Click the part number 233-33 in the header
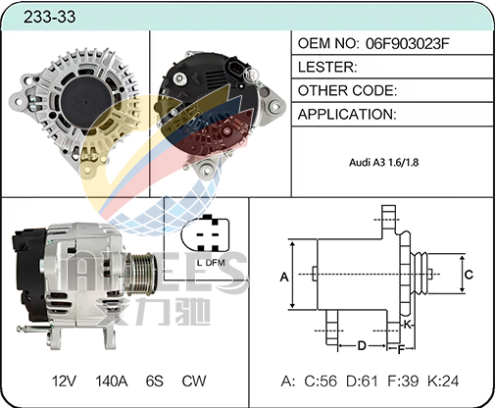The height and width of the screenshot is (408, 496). click(x=49, y=17)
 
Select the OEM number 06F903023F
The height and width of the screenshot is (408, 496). click(x=408, y=43)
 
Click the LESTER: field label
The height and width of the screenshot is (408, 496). click(x=327, y=67)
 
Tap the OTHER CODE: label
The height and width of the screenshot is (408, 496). click(x=347, y=90)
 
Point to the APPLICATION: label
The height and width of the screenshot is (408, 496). click(x=347, y=115)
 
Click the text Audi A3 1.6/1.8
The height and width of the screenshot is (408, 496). click(x=383, y=162)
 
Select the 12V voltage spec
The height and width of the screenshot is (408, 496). click(x=64, y=382)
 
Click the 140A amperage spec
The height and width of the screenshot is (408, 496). click(x=112, y=382)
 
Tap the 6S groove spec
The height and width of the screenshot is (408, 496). click(x=155, y=382)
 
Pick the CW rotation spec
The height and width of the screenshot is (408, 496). click(x=194, y=382)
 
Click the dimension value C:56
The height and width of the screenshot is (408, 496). click(x=321, y=382)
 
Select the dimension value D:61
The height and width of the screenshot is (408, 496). click(x=362, y=382)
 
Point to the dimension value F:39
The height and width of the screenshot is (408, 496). click(x=403, y=382)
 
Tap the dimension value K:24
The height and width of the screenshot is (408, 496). click(x=443, y=382)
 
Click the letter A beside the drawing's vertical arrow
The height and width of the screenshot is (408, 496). click(x=284, y=278)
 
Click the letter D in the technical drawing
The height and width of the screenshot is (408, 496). click(x=362, y=345)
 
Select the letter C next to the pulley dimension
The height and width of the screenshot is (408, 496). click(x=469, y=275)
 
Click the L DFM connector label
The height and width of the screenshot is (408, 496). click(x=211, y=263)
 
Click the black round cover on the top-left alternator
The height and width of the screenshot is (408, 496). click(x=86, y=102)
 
